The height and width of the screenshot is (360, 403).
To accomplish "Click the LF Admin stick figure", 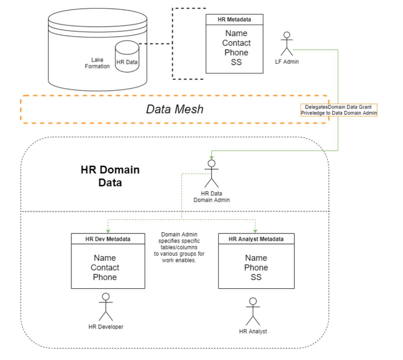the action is coord(287,44).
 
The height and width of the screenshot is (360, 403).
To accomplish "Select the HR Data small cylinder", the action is coord(127,56).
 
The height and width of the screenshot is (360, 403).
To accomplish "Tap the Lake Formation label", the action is coord(97,63).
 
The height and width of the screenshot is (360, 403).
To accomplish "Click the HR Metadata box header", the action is coord(234,20).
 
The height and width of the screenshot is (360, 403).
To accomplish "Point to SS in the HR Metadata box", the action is coord(236,62).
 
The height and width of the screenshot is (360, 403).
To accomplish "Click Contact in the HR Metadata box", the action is coord(236,43).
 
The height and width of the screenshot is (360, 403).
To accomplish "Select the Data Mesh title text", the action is coord(175,109).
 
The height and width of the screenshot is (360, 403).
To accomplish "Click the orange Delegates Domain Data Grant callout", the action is coord(339,110).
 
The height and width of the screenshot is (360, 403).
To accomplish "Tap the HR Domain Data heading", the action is coord(110,176).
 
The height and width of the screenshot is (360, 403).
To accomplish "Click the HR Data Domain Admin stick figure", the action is coord(211,174).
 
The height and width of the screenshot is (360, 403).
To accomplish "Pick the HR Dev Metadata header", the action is coord(108,239).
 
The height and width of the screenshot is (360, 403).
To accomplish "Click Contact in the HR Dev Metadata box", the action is coord(105,268).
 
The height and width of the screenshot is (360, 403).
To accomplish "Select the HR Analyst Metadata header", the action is coord(256,239).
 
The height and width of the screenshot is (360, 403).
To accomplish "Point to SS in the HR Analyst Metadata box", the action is coord(256,277).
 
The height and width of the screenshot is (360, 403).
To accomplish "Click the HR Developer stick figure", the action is coord(106,307).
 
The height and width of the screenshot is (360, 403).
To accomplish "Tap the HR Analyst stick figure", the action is coord(253,312).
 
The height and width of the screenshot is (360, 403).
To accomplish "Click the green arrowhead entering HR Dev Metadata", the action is coord(108,232).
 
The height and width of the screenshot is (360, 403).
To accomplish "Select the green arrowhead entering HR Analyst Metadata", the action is coord(255,232).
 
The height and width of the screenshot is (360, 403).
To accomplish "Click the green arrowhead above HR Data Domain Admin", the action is coord(211,158).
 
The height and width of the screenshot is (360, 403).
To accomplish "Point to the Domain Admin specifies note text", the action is coord(179,247).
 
